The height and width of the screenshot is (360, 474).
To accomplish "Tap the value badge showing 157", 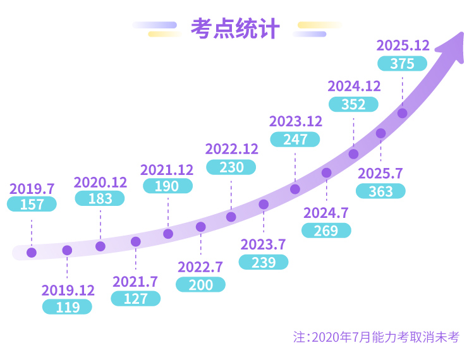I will (x=32, y=205).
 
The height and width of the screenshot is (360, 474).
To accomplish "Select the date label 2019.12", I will (x=68, y=291).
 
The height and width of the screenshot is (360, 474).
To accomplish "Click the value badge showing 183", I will (x=100, y=198).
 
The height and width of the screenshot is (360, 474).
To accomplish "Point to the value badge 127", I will (x=135, y=298).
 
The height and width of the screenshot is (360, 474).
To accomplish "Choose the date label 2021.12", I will (x=167, y=169).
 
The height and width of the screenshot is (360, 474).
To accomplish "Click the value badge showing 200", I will (x=201, y=285).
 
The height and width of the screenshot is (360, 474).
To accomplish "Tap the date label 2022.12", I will (x=232, y=149).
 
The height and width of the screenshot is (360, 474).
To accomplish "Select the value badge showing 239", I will (x=264, y=262).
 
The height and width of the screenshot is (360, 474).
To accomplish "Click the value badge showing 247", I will (x=295, y=140).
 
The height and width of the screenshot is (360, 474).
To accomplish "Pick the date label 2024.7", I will (x=326, y=213).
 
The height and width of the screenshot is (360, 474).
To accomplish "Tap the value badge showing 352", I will (x=353, y=104).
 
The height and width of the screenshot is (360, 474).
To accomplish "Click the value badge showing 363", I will (x=380, y=191).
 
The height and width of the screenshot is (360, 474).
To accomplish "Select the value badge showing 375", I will (x=402, y=64).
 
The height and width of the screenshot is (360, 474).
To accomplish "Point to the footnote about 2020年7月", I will (x=375, y=337).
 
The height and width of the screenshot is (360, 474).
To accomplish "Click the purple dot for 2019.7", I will (x=32, y=253).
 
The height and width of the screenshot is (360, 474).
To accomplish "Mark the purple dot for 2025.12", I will (x=402, y=113).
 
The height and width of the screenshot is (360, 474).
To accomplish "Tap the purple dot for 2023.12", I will (x=295, y=189).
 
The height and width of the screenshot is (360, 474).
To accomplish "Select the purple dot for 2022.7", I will (x=201, y=227).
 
